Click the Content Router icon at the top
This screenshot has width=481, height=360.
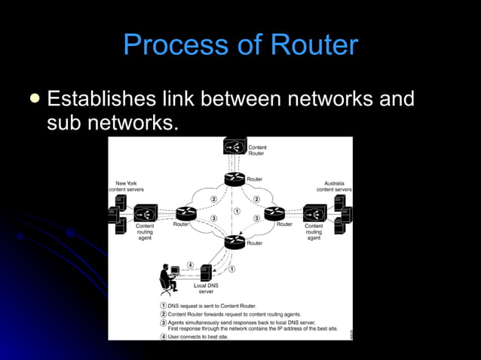[234, 146]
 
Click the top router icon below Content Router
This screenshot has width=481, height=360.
[234, 179]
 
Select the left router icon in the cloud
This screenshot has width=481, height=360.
[186, 213]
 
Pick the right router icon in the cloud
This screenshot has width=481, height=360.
[274, 213]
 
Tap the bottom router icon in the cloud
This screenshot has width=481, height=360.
[234, 242]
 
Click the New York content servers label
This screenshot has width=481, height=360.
[127, 186]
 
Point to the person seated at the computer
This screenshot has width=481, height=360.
[169, 279]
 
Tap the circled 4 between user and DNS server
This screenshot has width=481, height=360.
[190, 265]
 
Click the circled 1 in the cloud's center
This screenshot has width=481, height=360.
[236, 212]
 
